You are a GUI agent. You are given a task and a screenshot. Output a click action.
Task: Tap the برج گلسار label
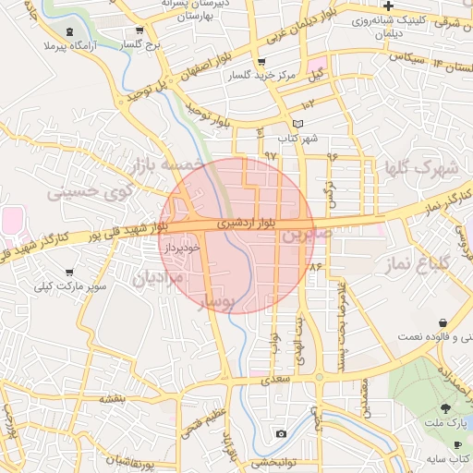(144, 43)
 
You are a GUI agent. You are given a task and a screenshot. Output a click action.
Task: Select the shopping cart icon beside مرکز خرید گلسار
(261, 62)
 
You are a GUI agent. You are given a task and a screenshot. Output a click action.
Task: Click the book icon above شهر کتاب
(297, 124)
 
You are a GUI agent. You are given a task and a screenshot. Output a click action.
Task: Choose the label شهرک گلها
(423, 168)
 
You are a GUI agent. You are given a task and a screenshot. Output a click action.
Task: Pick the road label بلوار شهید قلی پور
(120, 231)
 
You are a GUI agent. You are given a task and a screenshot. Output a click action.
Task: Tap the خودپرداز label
(180, 249)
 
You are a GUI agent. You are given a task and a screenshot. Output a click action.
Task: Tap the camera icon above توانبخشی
(281, 434)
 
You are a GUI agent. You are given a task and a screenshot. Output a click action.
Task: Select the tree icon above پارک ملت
(446, 407)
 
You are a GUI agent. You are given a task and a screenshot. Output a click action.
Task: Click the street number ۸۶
(314, 266)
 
